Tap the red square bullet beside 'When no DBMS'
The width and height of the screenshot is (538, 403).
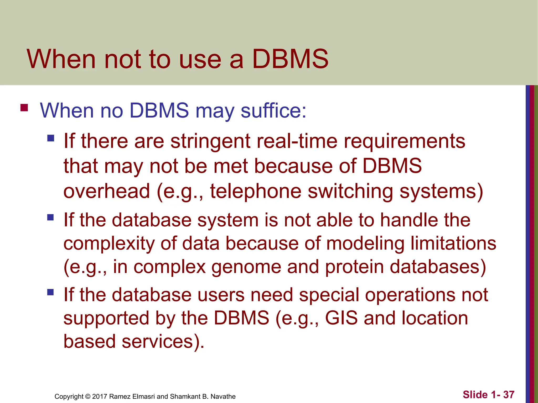24,108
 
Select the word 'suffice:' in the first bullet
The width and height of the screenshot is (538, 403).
273,110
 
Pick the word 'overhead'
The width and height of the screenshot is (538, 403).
107,191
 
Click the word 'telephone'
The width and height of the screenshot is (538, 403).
256,192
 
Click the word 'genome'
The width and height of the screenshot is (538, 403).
246,267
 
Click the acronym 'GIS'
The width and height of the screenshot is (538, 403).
341,318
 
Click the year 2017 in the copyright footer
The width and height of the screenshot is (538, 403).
100,396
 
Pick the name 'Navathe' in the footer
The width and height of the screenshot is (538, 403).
223,396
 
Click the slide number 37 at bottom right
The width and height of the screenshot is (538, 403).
509,395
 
